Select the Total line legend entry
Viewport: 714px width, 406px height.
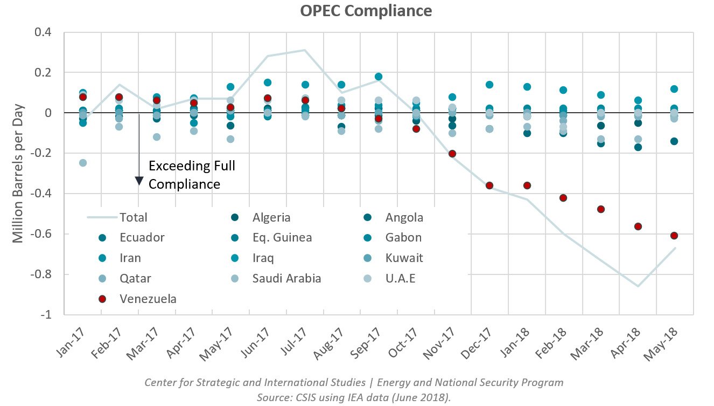tap(132, 217)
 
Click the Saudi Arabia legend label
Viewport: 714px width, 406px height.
tap(286, 278)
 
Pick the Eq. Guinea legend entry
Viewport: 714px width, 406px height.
tap(282, 237)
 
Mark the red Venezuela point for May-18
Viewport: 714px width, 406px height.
tap(674, 235)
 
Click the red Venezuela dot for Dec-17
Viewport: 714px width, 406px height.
tap(489, 185)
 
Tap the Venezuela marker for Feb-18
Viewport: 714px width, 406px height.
tap(563, 198)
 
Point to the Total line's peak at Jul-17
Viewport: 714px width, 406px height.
tap(304, 50)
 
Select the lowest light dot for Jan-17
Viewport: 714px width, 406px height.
tap(83, 163)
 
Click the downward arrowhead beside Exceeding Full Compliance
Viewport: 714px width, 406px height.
tap(139, 181)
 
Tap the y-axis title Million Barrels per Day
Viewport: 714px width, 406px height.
tap(18, 174)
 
